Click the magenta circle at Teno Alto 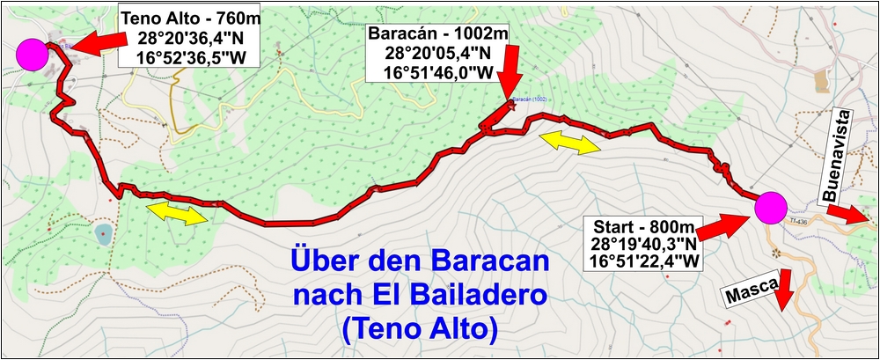35,54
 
